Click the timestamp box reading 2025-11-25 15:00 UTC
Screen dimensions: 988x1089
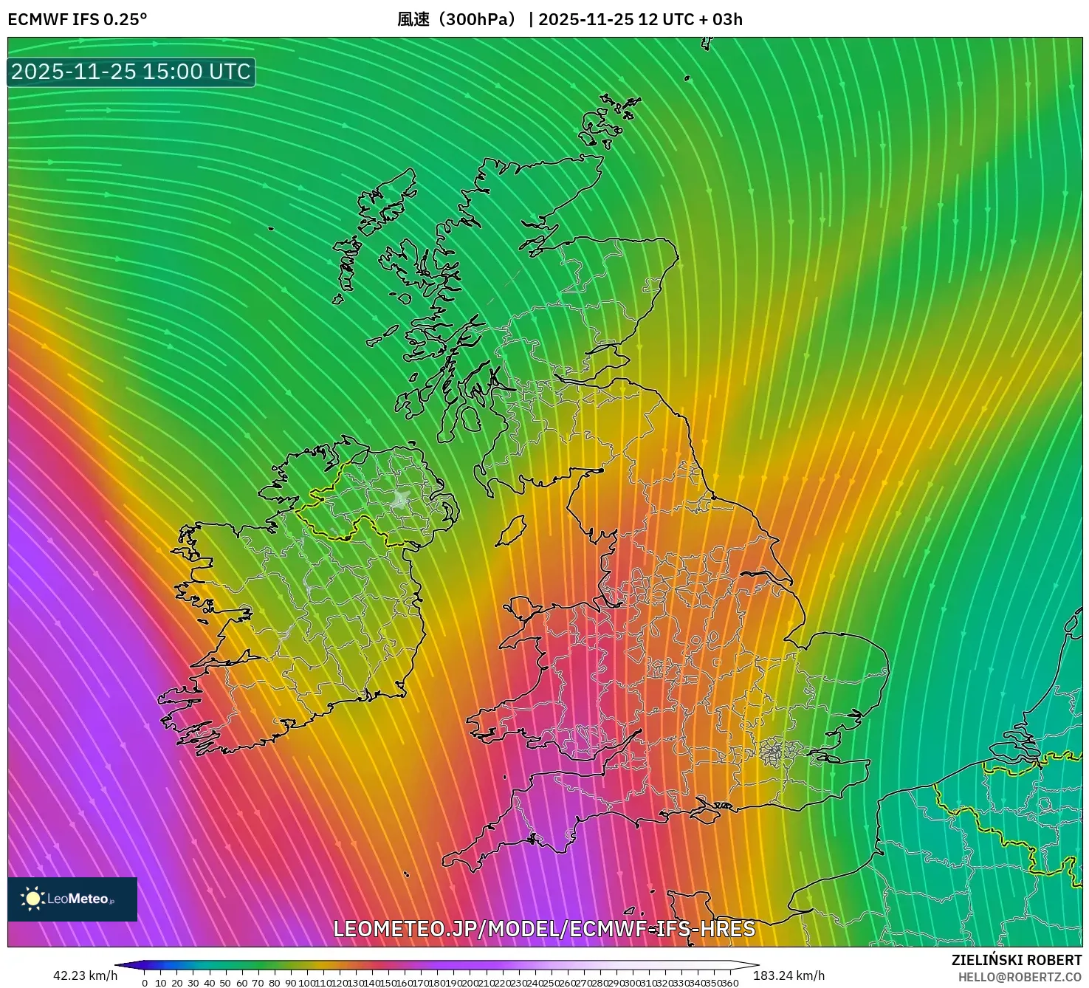pos(131,72)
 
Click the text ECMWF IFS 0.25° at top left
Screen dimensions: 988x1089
pos(77,19)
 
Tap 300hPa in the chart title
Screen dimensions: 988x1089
pos(475,19)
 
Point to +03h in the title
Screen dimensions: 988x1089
pos(726,19)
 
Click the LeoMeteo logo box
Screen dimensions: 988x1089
pos(72,899)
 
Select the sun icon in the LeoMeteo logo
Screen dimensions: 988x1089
pos(32,899)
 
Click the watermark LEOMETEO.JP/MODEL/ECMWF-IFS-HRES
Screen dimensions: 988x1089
pos(544,929)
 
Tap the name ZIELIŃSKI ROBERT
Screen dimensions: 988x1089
pos(1016,960)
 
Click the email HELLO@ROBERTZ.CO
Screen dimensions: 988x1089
pos(1020,977)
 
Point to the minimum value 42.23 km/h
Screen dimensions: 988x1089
pos(85,975)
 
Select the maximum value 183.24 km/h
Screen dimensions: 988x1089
pos(789,975)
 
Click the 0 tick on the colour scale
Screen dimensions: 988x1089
pos(145,983)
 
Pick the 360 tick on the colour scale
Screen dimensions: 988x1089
pos(730,983)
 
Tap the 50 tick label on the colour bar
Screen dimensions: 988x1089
pos(225,983)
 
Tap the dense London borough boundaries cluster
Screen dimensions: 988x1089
pos(771,752)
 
